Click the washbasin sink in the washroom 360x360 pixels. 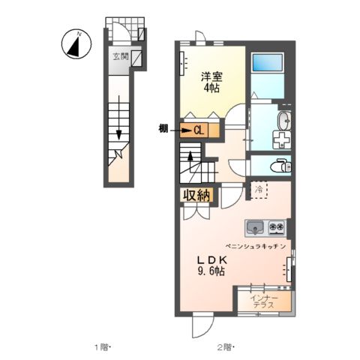tap(285, 121)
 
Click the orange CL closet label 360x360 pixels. tap(199, 130)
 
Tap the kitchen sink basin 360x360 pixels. tap(254, 225)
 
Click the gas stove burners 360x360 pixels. tap(275, 225)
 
